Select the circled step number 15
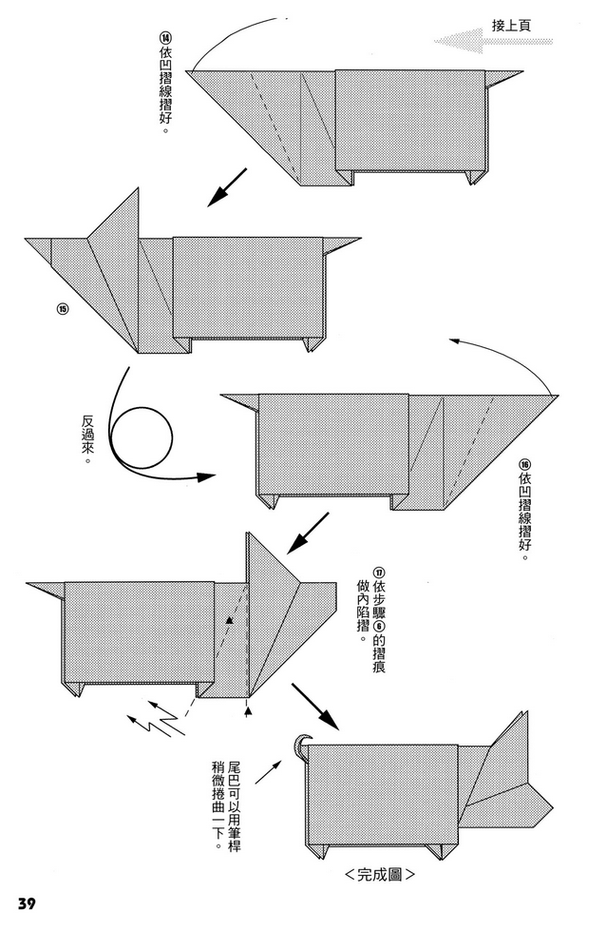[63, 309]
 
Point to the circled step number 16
[524, 465]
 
